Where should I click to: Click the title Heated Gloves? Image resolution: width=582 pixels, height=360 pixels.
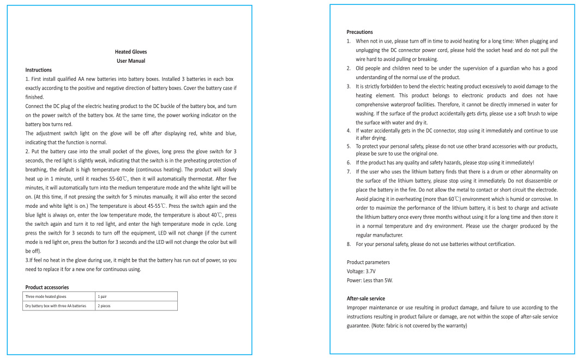click(x=131, y=52)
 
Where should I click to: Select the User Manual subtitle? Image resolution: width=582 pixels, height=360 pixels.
click(x=131, y=61)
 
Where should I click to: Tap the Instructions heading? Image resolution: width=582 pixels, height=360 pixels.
click(x=39, y=70)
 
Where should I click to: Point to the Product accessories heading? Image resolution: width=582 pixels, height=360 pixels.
click(x=47, y=287)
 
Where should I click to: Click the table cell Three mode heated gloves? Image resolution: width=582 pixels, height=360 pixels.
click(x=46, y=297)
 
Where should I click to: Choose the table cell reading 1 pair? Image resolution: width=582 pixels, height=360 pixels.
click(x=102, y=297)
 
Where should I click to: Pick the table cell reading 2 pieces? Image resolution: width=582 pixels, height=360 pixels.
click(x=104, y=306)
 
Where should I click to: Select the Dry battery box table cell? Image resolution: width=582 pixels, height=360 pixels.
click(x=56, y=306)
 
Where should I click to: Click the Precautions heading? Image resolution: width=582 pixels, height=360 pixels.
click(x=360, y=32)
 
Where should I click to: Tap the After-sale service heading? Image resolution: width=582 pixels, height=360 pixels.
click(x=366, y=298)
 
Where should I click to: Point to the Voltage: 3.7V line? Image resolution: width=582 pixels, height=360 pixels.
click(x=361, y=271)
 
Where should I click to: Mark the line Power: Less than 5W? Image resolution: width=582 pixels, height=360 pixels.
click(x=370, y=280)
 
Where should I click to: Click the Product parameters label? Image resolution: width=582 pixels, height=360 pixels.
click(x=368, y=262)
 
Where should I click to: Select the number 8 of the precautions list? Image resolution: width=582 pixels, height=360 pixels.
click(x=349, y=244)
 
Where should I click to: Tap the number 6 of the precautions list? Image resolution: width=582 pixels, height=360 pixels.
click(x=349, y=162)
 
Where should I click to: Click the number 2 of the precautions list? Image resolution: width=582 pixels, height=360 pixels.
click(x=349, y=68)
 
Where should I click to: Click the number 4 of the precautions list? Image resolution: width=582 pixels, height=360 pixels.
click(x=349, y=130)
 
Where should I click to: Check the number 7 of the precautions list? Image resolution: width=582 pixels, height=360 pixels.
click(x=349, y=171)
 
